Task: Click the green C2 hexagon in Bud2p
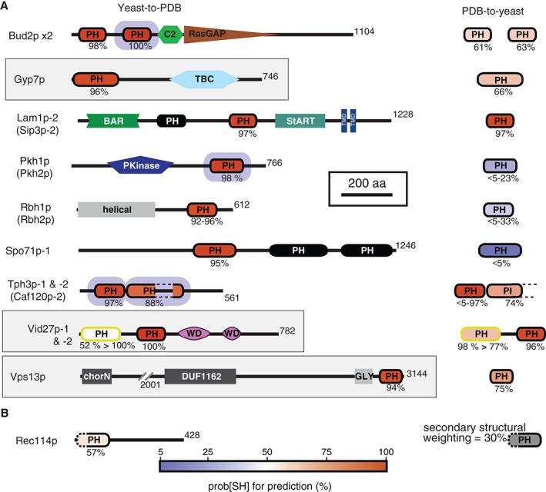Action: [170, 35]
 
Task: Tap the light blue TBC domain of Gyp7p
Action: [203, 79]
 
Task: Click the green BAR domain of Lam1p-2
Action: [113, 121]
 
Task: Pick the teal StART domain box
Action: [300, 121]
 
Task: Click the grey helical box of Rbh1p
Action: [116, 209]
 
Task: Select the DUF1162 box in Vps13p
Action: [199, 377]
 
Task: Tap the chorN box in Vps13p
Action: [96, 377]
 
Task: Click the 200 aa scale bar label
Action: [362, 181]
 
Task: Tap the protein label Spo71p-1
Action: [37, 251]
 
